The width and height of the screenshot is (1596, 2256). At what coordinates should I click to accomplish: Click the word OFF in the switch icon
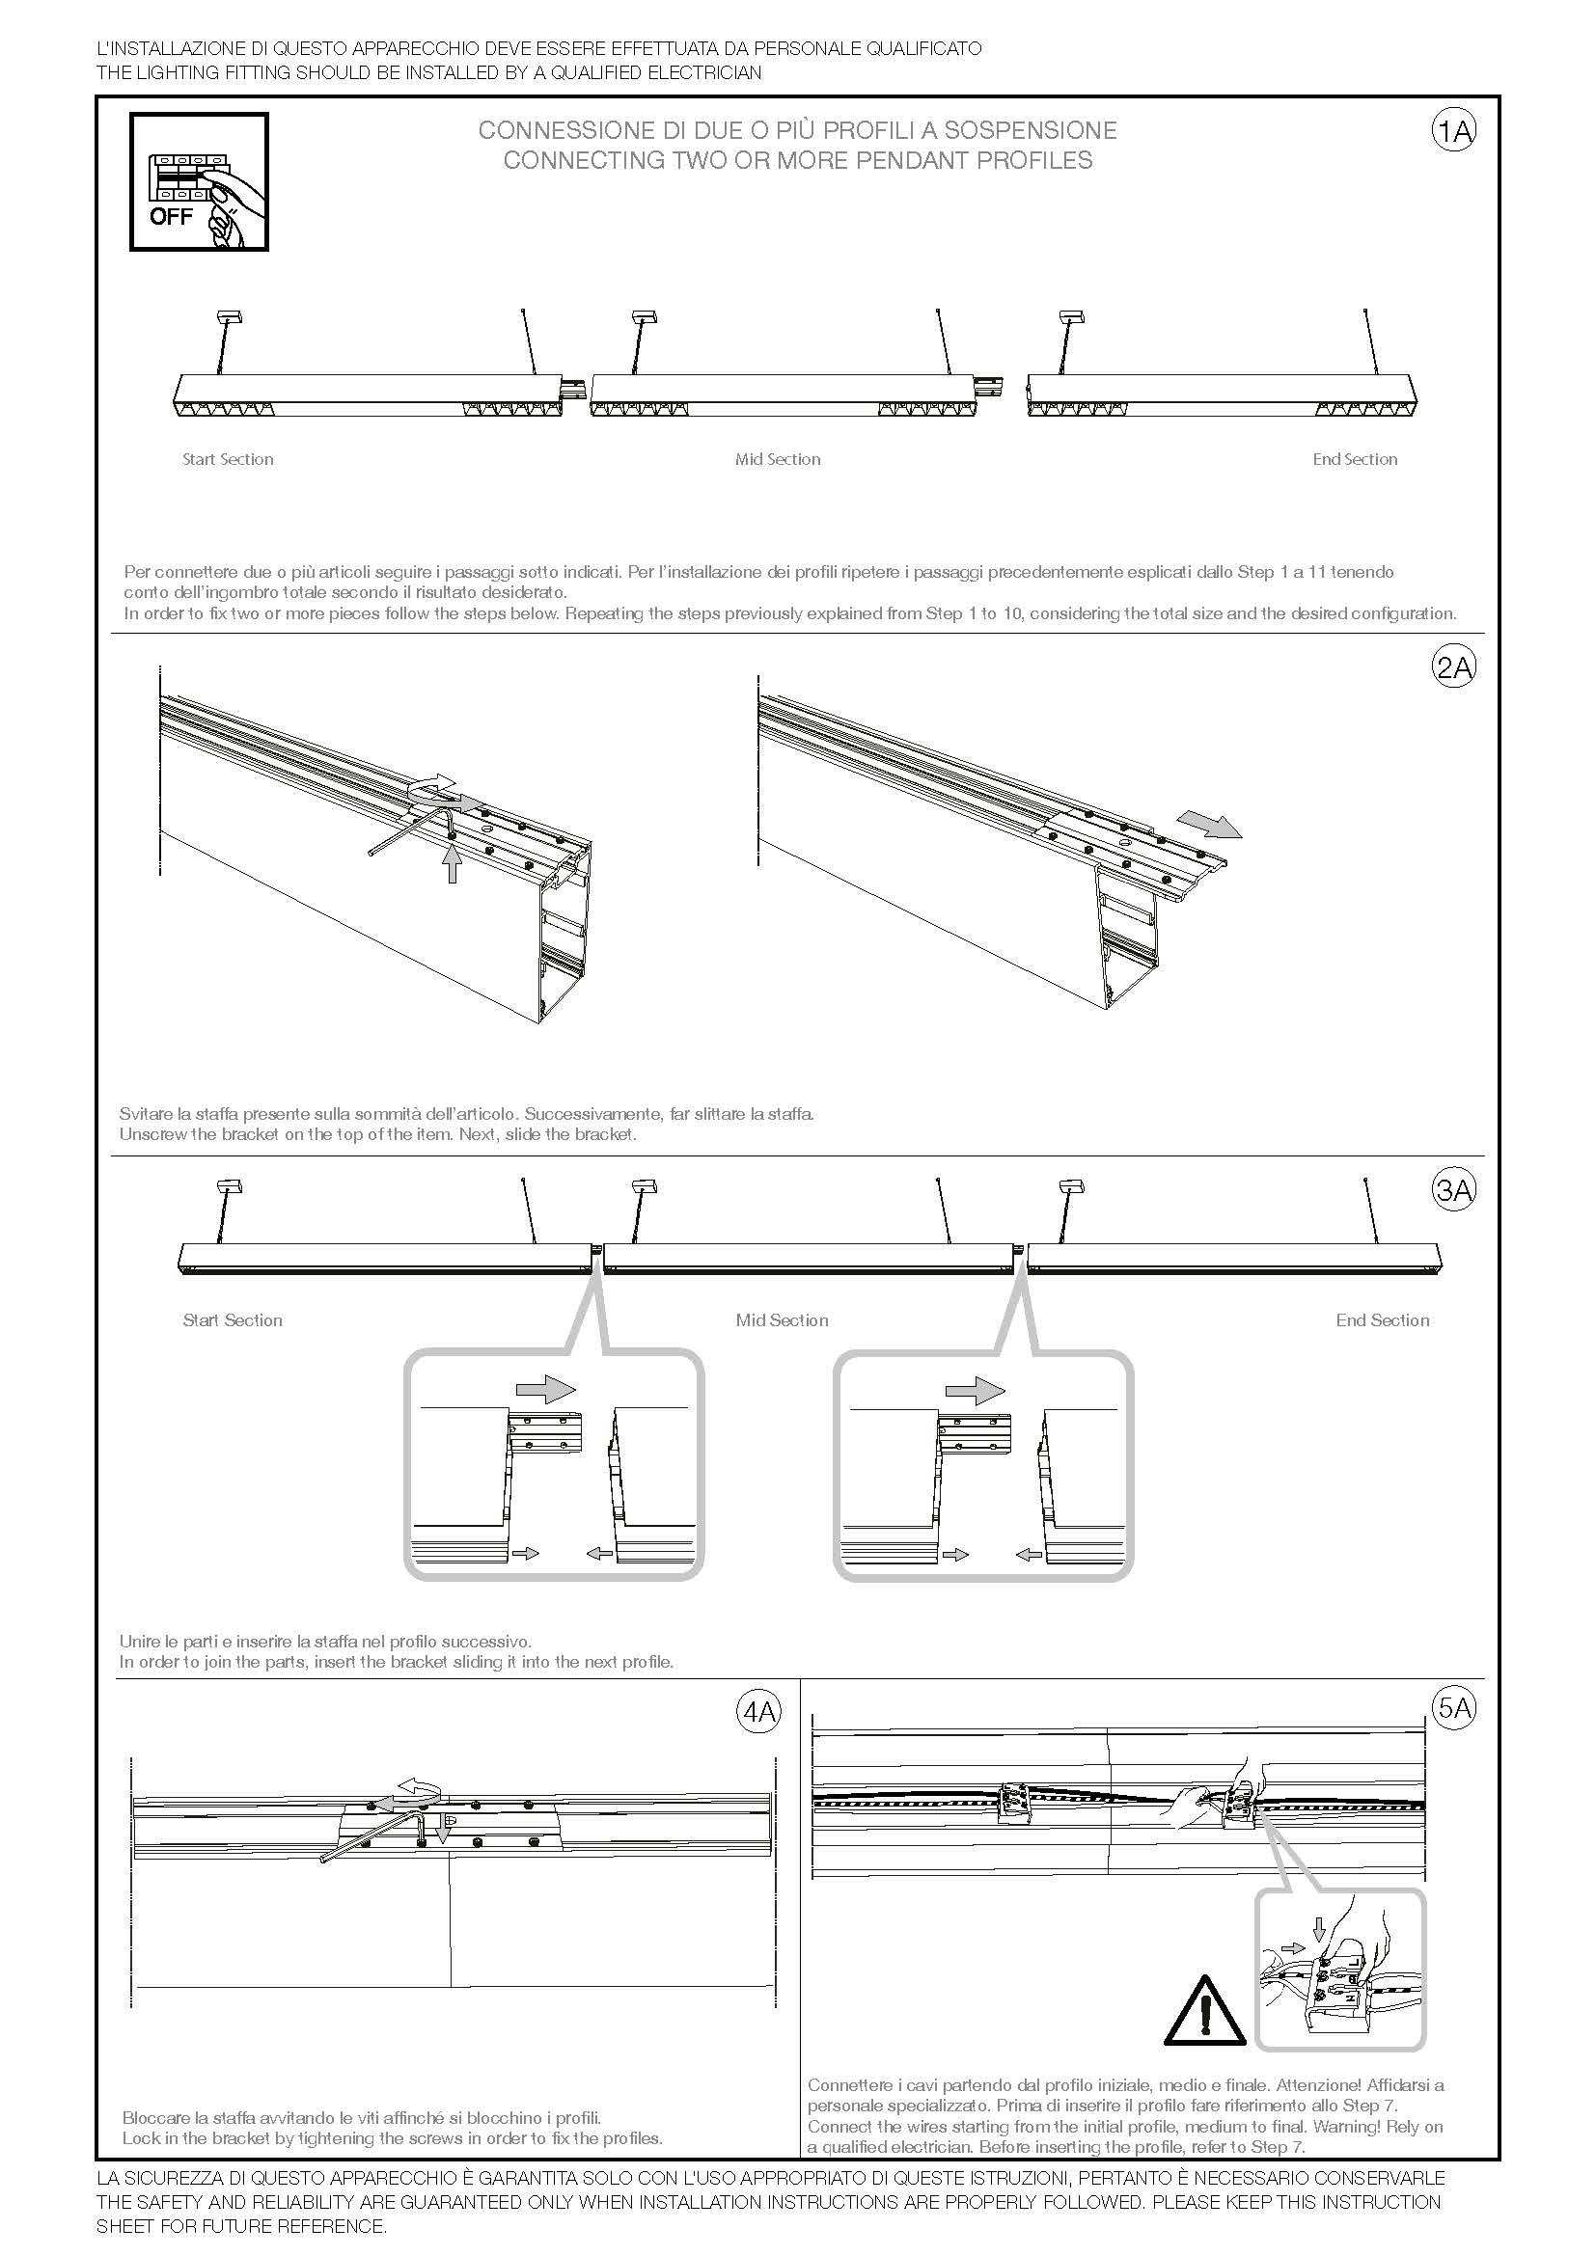(171, 217)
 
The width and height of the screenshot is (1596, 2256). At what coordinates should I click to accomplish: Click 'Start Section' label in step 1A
(228, 460)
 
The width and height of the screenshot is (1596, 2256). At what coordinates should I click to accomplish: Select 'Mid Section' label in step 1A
(778, 460)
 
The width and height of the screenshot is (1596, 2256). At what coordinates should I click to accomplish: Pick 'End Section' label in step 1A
(1354, 460)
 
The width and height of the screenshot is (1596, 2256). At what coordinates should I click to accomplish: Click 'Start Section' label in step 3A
(232, 1320)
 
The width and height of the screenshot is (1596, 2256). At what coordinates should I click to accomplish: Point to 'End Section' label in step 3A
(1382, 1320)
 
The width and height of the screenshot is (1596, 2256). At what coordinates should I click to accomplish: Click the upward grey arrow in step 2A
(451, 864)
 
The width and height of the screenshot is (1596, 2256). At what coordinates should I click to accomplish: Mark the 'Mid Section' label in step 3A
(783, 1320)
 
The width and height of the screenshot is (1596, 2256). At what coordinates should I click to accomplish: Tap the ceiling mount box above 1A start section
(228, 316)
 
